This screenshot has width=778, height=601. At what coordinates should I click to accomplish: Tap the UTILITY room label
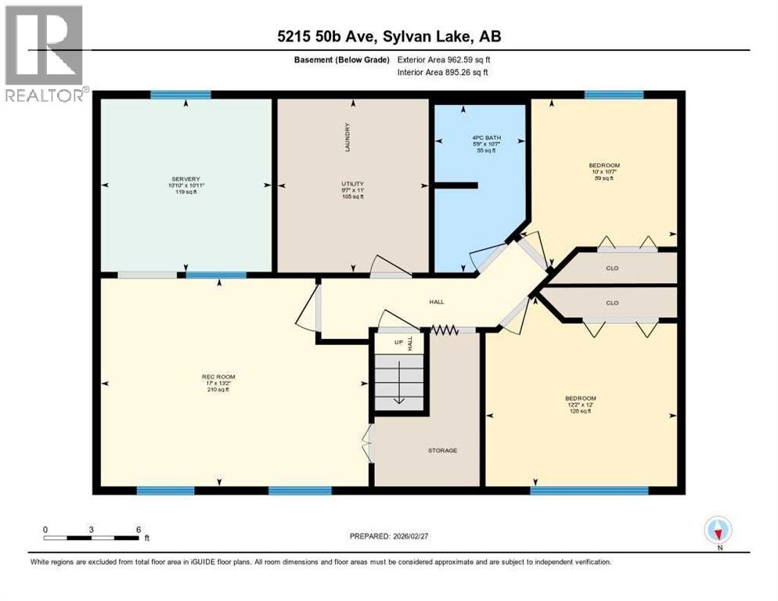pos(347,184)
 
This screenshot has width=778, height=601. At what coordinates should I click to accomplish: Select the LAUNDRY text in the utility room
pos(347,138)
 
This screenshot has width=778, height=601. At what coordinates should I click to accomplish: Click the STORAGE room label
pos(442,450)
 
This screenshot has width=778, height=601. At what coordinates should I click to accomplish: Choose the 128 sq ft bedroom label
pos(581,404)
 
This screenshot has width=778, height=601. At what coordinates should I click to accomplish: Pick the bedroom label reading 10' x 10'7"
pos(603,171)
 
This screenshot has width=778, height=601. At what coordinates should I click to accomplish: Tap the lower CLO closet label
pos(612,303)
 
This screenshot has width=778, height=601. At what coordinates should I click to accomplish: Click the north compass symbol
pos(717,531)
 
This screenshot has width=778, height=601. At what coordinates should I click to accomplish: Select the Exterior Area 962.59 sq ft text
pos(444,59)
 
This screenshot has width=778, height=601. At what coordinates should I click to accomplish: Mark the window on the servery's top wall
pos(181,95)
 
